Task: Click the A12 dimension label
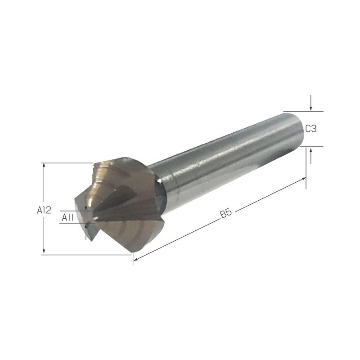click(44, 210)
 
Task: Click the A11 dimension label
click(67, 217)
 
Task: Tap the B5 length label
click(226, 213)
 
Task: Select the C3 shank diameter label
click(311, 129)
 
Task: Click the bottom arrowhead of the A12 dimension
click(44, 252)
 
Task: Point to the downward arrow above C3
click(310, 103)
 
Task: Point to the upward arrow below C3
click(310, 156)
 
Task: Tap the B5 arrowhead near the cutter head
click(136, 259)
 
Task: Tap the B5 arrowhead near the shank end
click(303, 178)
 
